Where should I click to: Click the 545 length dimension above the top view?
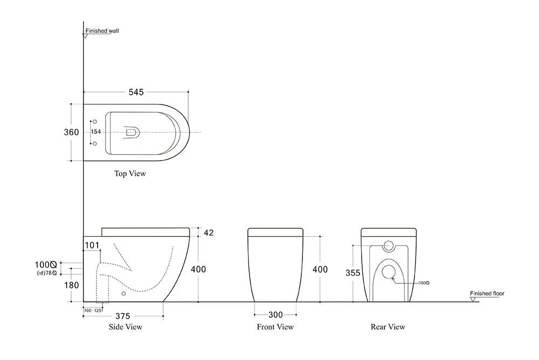(136, 92)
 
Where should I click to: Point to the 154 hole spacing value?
(96, 132)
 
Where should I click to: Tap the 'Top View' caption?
(129, 174)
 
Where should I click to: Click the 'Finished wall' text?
(102, 31)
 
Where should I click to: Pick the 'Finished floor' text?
(487, 294)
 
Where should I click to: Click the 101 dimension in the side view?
(92, 246)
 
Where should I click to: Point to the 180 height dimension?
(72, 285)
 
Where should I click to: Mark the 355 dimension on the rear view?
(353, 273)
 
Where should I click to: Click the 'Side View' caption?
(125, 327)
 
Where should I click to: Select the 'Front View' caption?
(275, 327)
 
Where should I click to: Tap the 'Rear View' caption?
(388, 327)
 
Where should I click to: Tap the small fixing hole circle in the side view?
(124, 294)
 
